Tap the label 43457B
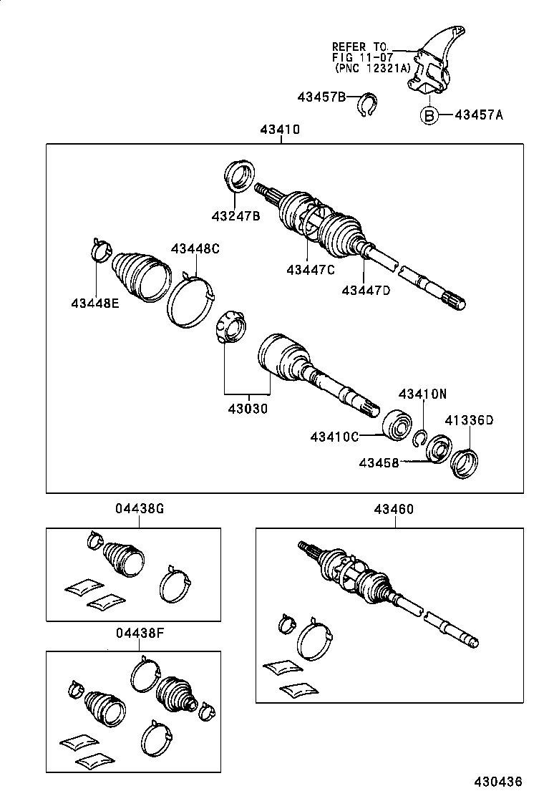click(322, 97)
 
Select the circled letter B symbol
click(427, 115)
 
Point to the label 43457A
click(479, 115)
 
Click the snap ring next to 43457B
click(367, 104)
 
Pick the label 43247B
click(235, 215)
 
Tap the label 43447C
click(310, 269)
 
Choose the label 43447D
click(366, 290)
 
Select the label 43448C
click(195, 248)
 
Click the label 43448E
click(95, 303)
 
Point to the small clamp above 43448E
click(100, 249)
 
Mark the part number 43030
click(248, 409)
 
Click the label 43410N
click(422, 394)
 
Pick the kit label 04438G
click(140, 509)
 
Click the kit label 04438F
click(140, 632)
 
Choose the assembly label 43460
click(394, 509)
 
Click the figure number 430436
click(497, 781)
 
